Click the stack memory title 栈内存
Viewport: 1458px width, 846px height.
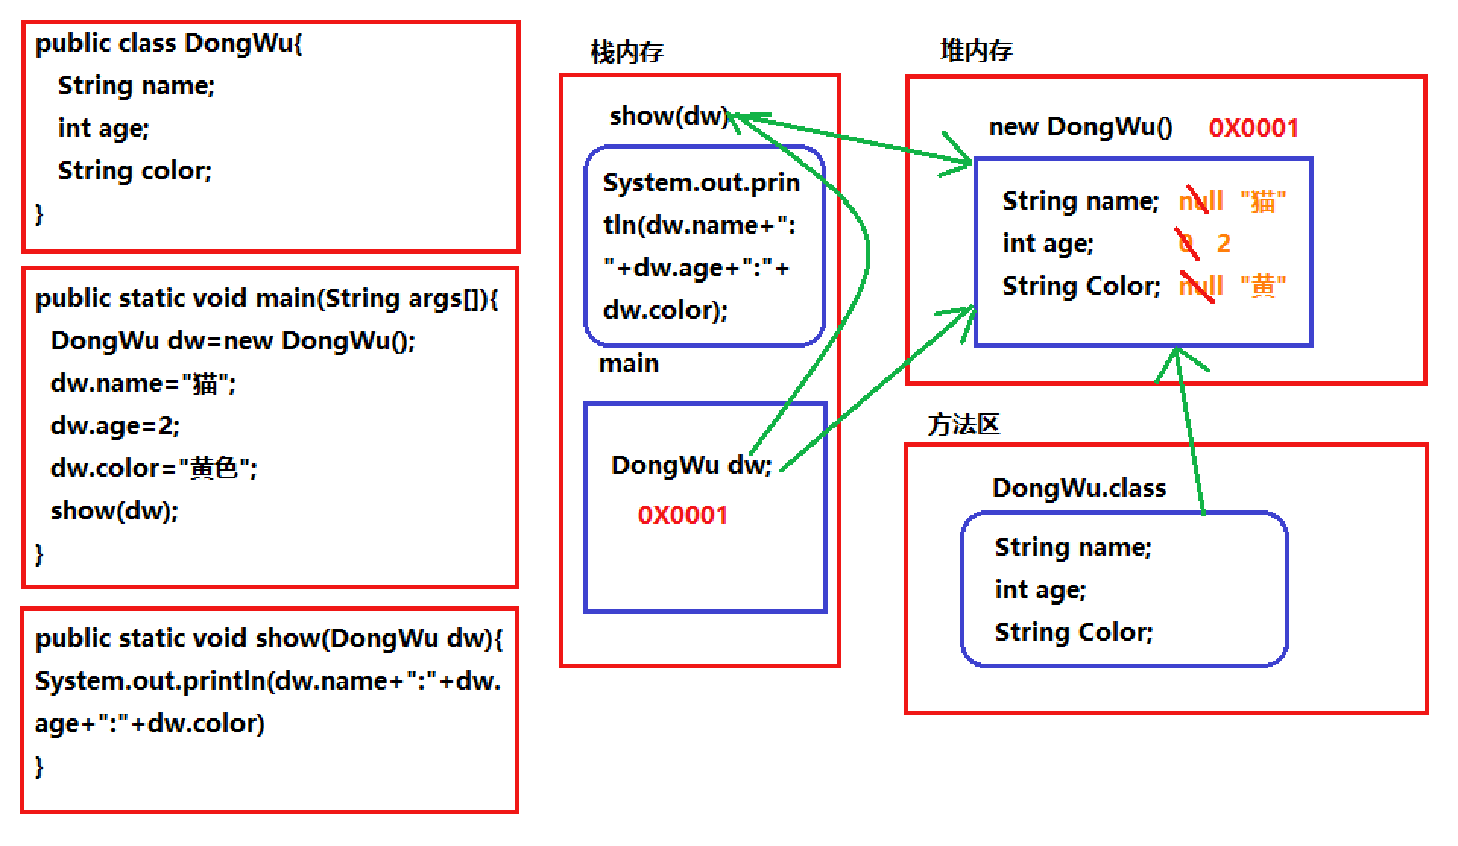click(x=626, y=52)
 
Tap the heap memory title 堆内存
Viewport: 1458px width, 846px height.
click(x=976, y=51)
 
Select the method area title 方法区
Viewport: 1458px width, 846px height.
click(x=963, y=424)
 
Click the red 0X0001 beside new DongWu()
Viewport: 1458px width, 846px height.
click(x=1254, y=128)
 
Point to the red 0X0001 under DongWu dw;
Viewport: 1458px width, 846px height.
click(x=683, y=515)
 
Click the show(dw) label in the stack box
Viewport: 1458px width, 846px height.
click(x=668, y=116)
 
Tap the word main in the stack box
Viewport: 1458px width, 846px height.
click(x=629, y=364)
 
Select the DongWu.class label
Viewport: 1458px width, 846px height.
click(x=1079, y=488)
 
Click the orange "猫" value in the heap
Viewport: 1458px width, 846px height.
click(x=1263, y=202)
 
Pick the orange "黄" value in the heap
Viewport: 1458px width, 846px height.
click(x=1263, y=286)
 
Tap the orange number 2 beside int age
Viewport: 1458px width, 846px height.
click(x=1223, y=243)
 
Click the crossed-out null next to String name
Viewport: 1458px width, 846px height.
click(x=1201, y=202)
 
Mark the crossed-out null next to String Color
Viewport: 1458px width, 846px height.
click(x=1201, y=286)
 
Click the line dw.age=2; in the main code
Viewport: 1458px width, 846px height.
click(x=115, y=425)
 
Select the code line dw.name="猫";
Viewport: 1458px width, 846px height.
click(x=144, y=383)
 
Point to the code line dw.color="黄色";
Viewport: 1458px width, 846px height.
click(x=154, y=468)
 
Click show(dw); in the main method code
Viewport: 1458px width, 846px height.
click(x=114, y=510)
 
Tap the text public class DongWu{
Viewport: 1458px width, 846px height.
click(x=169, y=43)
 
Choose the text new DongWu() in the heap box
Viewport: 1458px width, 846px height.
click(x=1081, y=127)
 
